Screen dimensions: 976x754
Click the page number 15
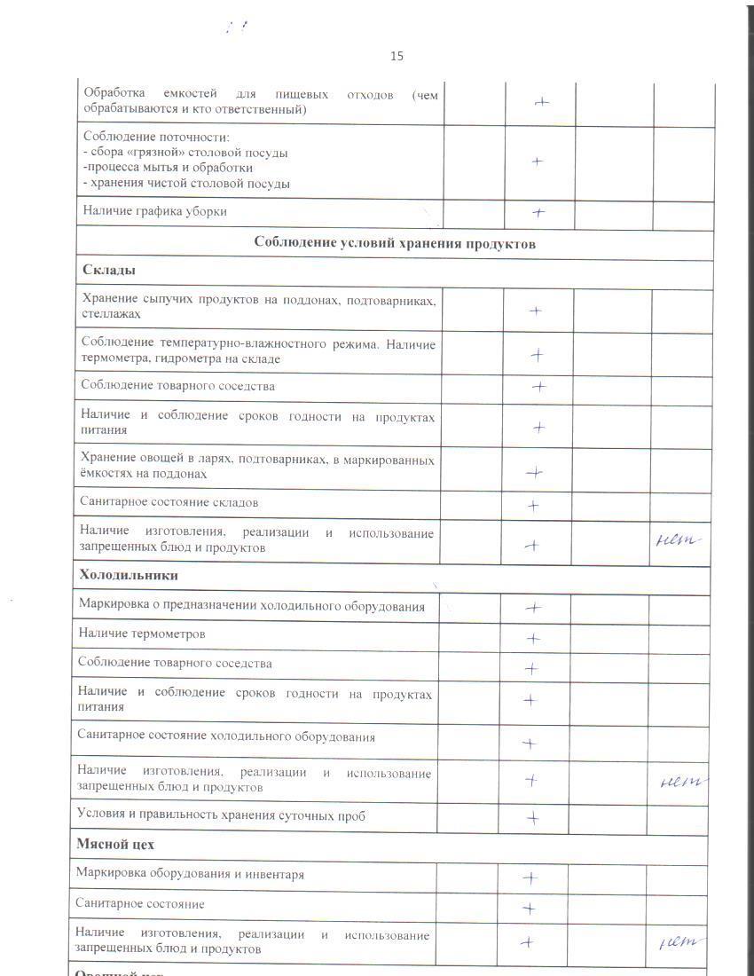pos(397,56)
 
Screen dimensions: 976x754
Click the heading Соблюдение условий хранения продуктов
pos(395,243)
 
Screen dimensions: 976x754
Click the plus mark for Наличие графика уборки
pos(538,213)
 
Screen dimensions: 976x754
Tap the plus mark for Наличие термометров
pos(533,638)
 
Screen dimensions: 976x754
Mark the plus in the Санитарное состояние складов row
pos(533,506)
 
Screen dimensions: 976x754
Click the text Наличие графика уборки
pos(154,211)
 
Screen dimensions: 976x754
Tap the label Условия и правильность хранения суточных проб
pos(221,815)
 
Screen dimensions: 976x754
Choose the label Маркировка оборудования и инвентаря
pos(190,874)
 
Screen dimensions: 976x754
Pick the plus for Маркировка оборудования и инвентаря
pos(530,878)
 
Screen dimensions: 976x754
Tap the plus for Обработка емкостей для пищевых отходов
pos(541,102)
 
